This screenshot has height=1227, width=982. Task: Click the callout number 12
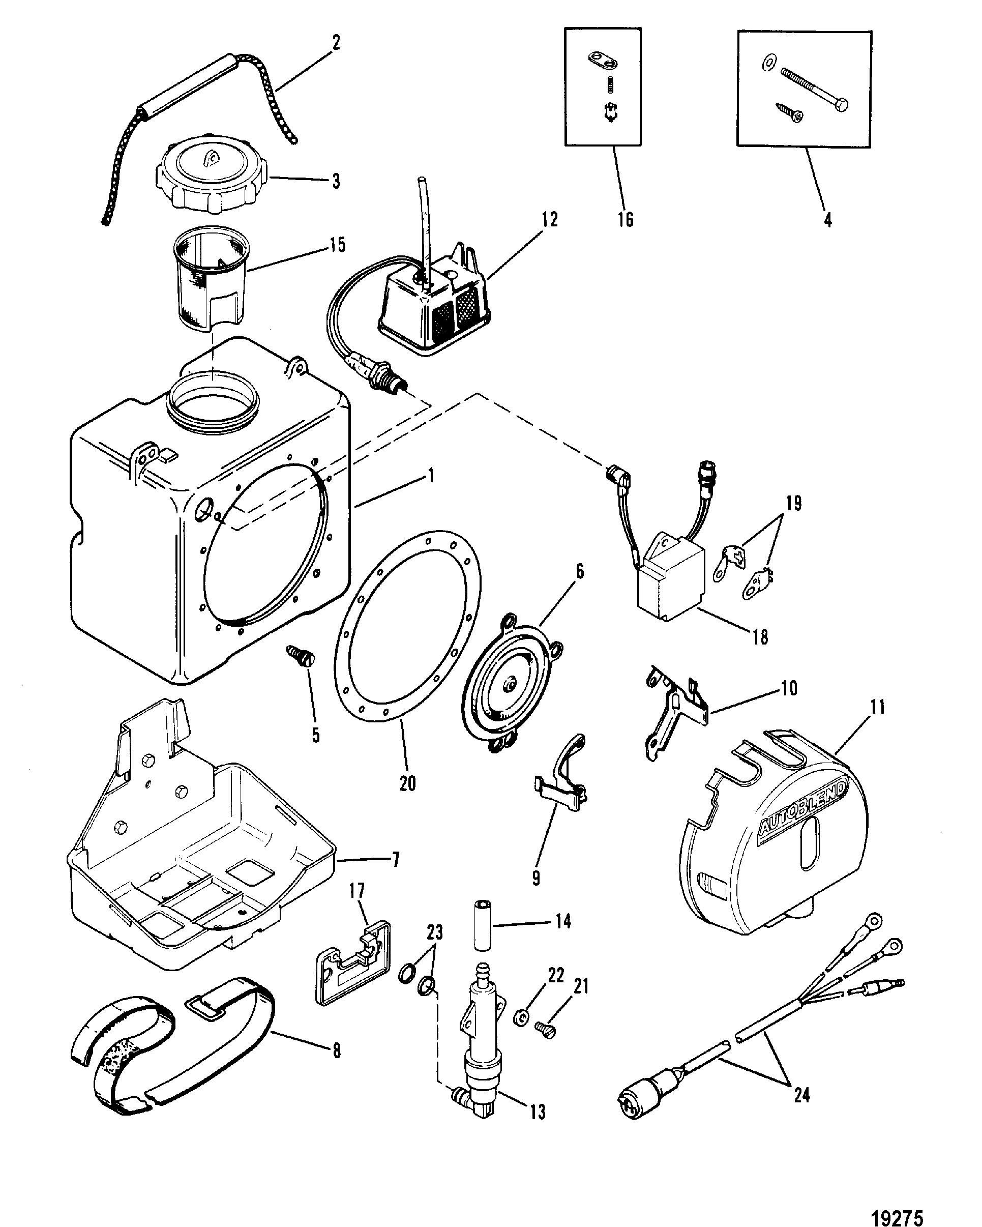(550, 220)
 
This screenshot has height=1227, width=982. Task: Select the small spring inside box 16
(609, 85)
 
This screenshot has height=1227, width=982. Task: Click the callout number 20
(407, 783)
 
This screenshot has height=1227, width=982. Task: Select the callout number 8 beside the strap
(336, 1050)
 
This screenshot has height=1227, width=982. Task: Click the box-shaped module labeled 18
(669, 579)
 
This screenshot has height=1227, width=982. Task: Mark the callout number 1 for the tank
(431, 475)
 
